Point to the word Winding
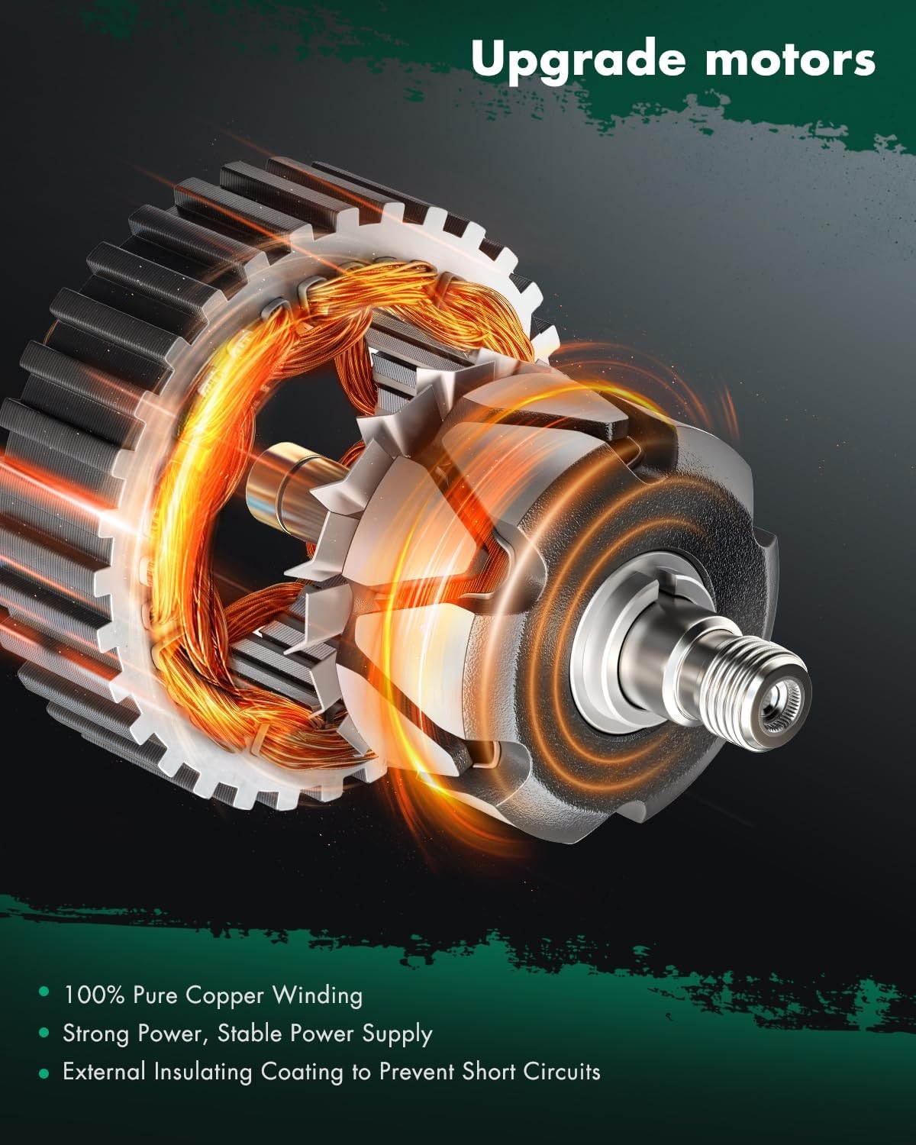click(x=318, y=995)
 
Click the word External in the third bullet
click(x=105, y=1072)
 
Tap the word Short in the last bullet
click(x=489, y=1072)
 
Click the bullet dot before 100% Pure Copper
click(x=44, y=993)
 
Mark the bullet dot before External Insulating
click(x=44, y=1072)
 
